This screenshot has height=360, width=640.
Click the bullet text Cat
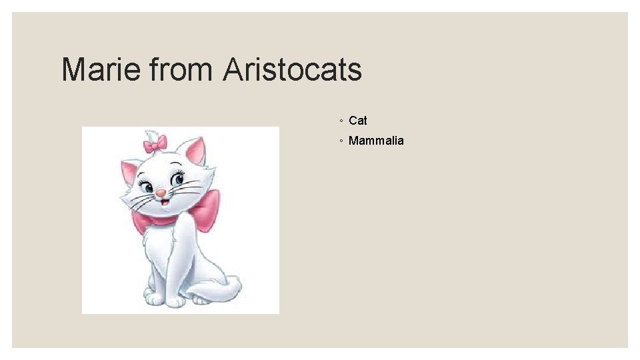click(358, 121)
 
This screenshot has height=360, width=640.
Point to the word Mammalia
click(376, 141)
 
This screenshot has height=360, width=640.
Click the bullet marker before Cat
click(341, 121)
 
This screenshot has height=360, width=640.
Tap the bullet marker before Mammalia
click(341, 141)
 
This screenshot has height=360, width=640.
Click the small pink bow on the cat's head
click(155, 143)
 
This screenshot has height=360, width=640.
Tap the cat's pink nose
click(161, 193)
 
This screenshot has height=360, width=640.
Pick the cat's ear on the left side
click(129, 173)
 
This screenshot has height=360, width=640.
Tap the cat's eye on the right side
click(178, 179)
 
